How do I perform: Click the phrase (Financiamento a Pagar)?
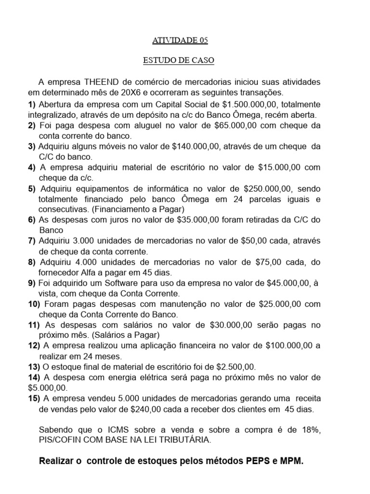[137, 209]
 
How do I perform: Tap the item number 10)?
[34, 304]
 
